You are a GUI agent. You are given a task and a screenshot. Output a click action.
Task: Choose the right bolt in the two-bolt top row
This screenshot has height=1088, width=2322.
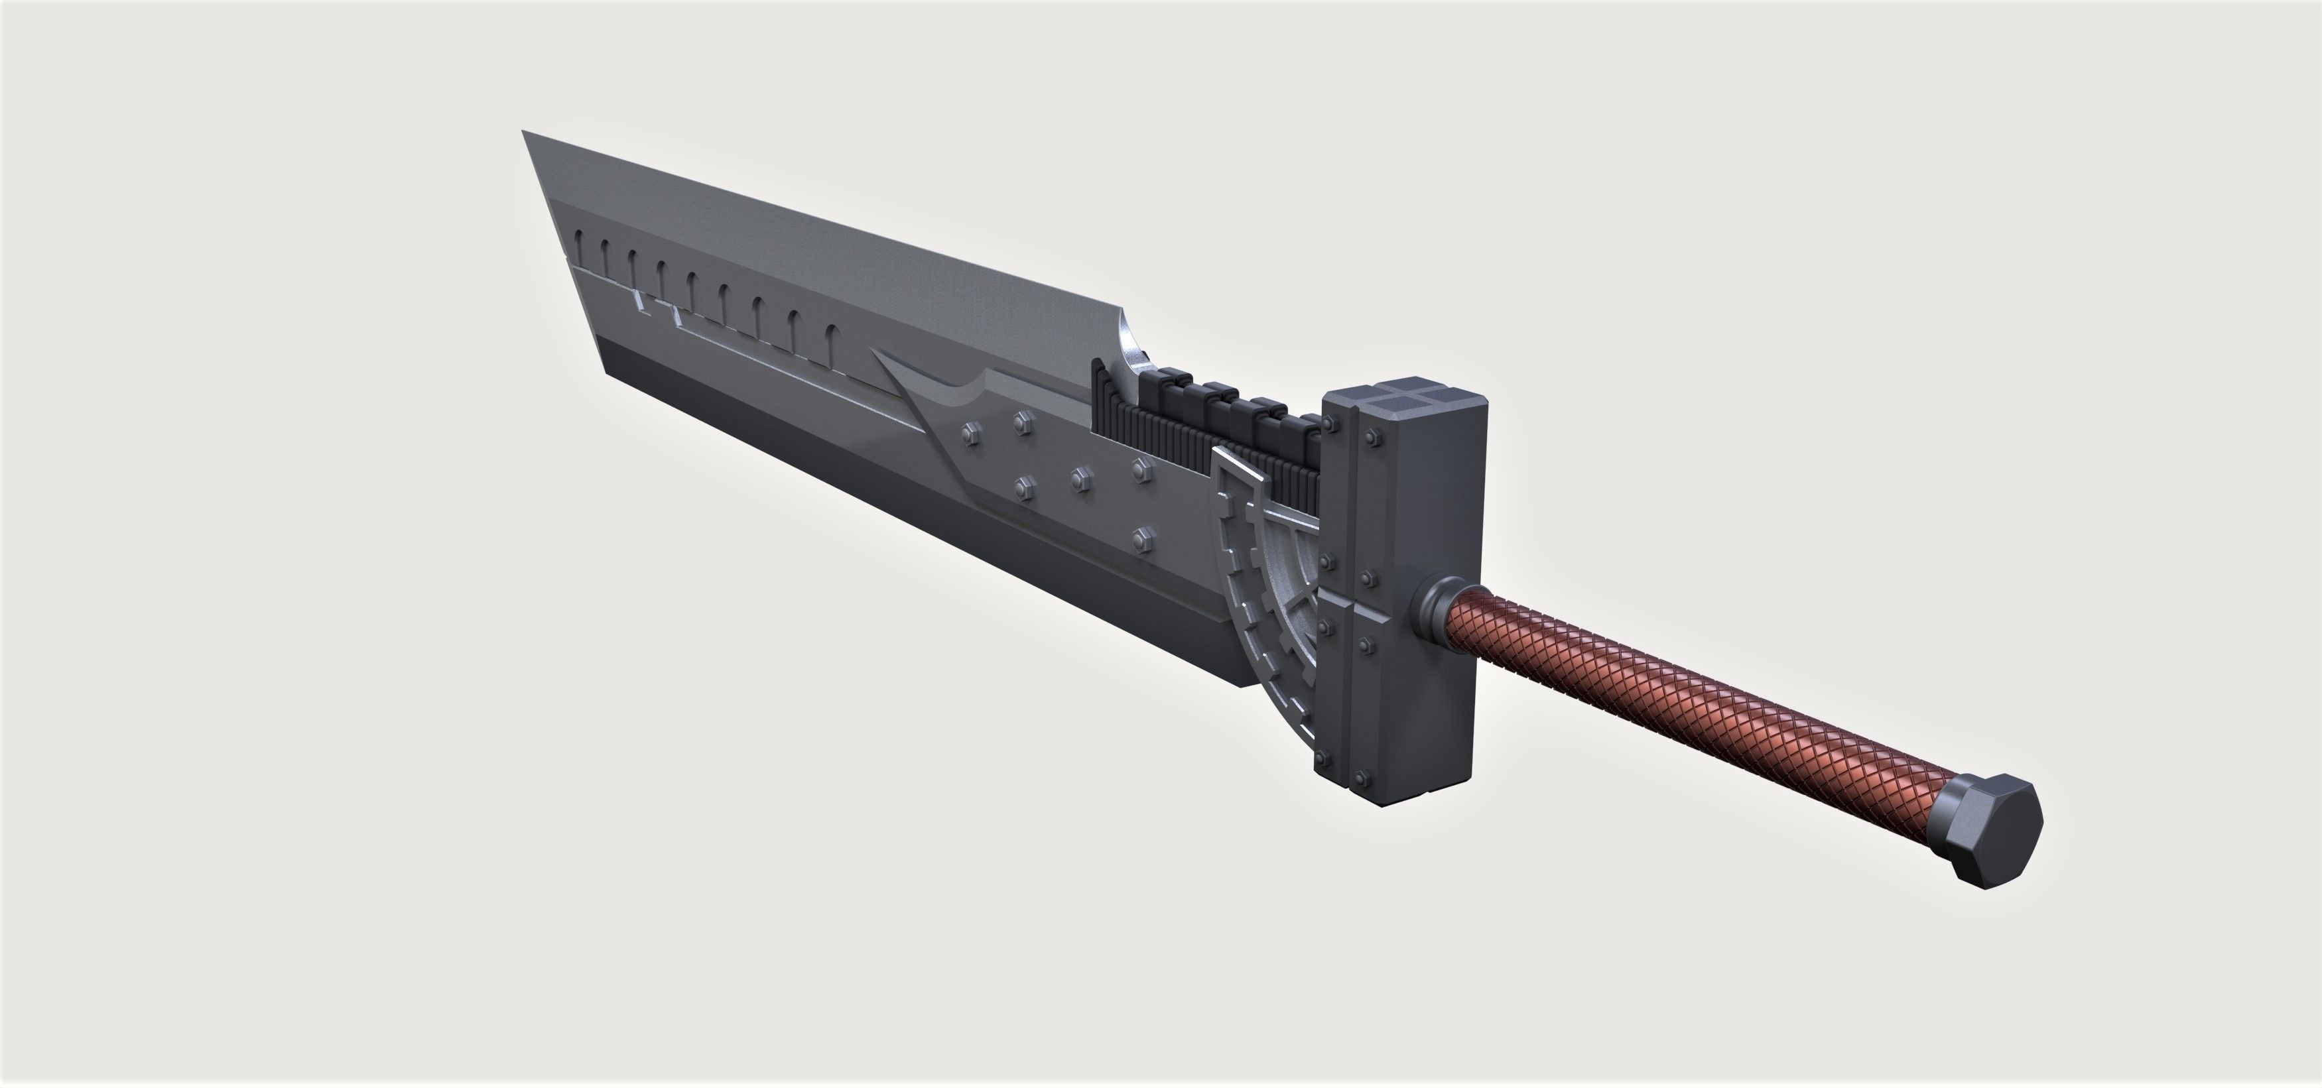pos(1021,421)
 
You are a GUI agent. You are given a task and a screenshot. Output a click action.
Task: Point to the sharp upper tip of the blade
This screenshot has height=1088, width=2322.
pos(525,133)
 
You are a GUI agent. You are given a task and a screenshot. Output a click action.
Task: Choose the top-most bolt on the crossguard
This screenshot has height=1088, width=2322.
pos(1371,439)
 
